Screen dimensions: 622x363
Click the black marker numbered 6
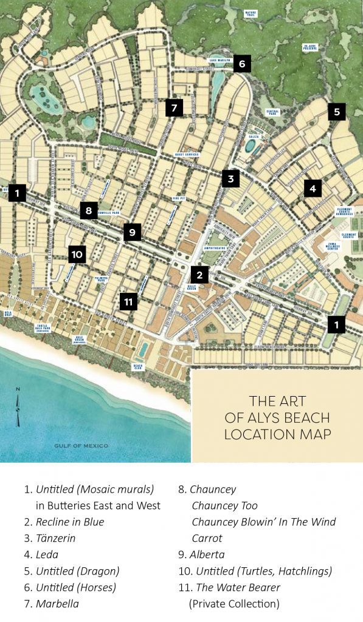[x=241, y=63]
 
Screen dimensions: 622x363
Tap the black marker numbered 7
[x=174, y=108]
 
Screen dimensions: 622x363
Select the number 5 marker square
[x=336, y=112]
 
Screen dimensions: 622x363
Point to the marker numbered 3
[x=230, y=179]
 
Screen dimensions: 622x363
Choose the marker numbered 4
[x=313, y=188]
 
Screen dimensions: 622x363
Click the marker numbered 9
[x=132, y=231]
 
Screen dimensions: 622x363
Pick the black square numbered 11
[x=128, y=301]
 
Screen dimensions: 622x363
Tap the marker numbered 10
[x=77, y=254]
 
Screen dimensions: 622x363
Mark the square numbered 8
[x=89, y=211]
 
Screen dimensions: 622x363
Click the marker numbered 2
[x=199, y=275]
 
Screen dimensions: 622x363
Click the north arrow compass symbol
[x=18, y=407]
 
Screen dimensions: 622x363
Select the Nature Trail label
[x=251, y=13]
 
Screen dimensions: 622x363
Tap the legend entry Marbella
[x=58, y=604]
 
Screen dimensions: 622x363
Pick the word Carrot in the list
[x=207, y=538]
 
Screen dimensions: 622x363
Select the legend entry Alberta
[x=207, y=555]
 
